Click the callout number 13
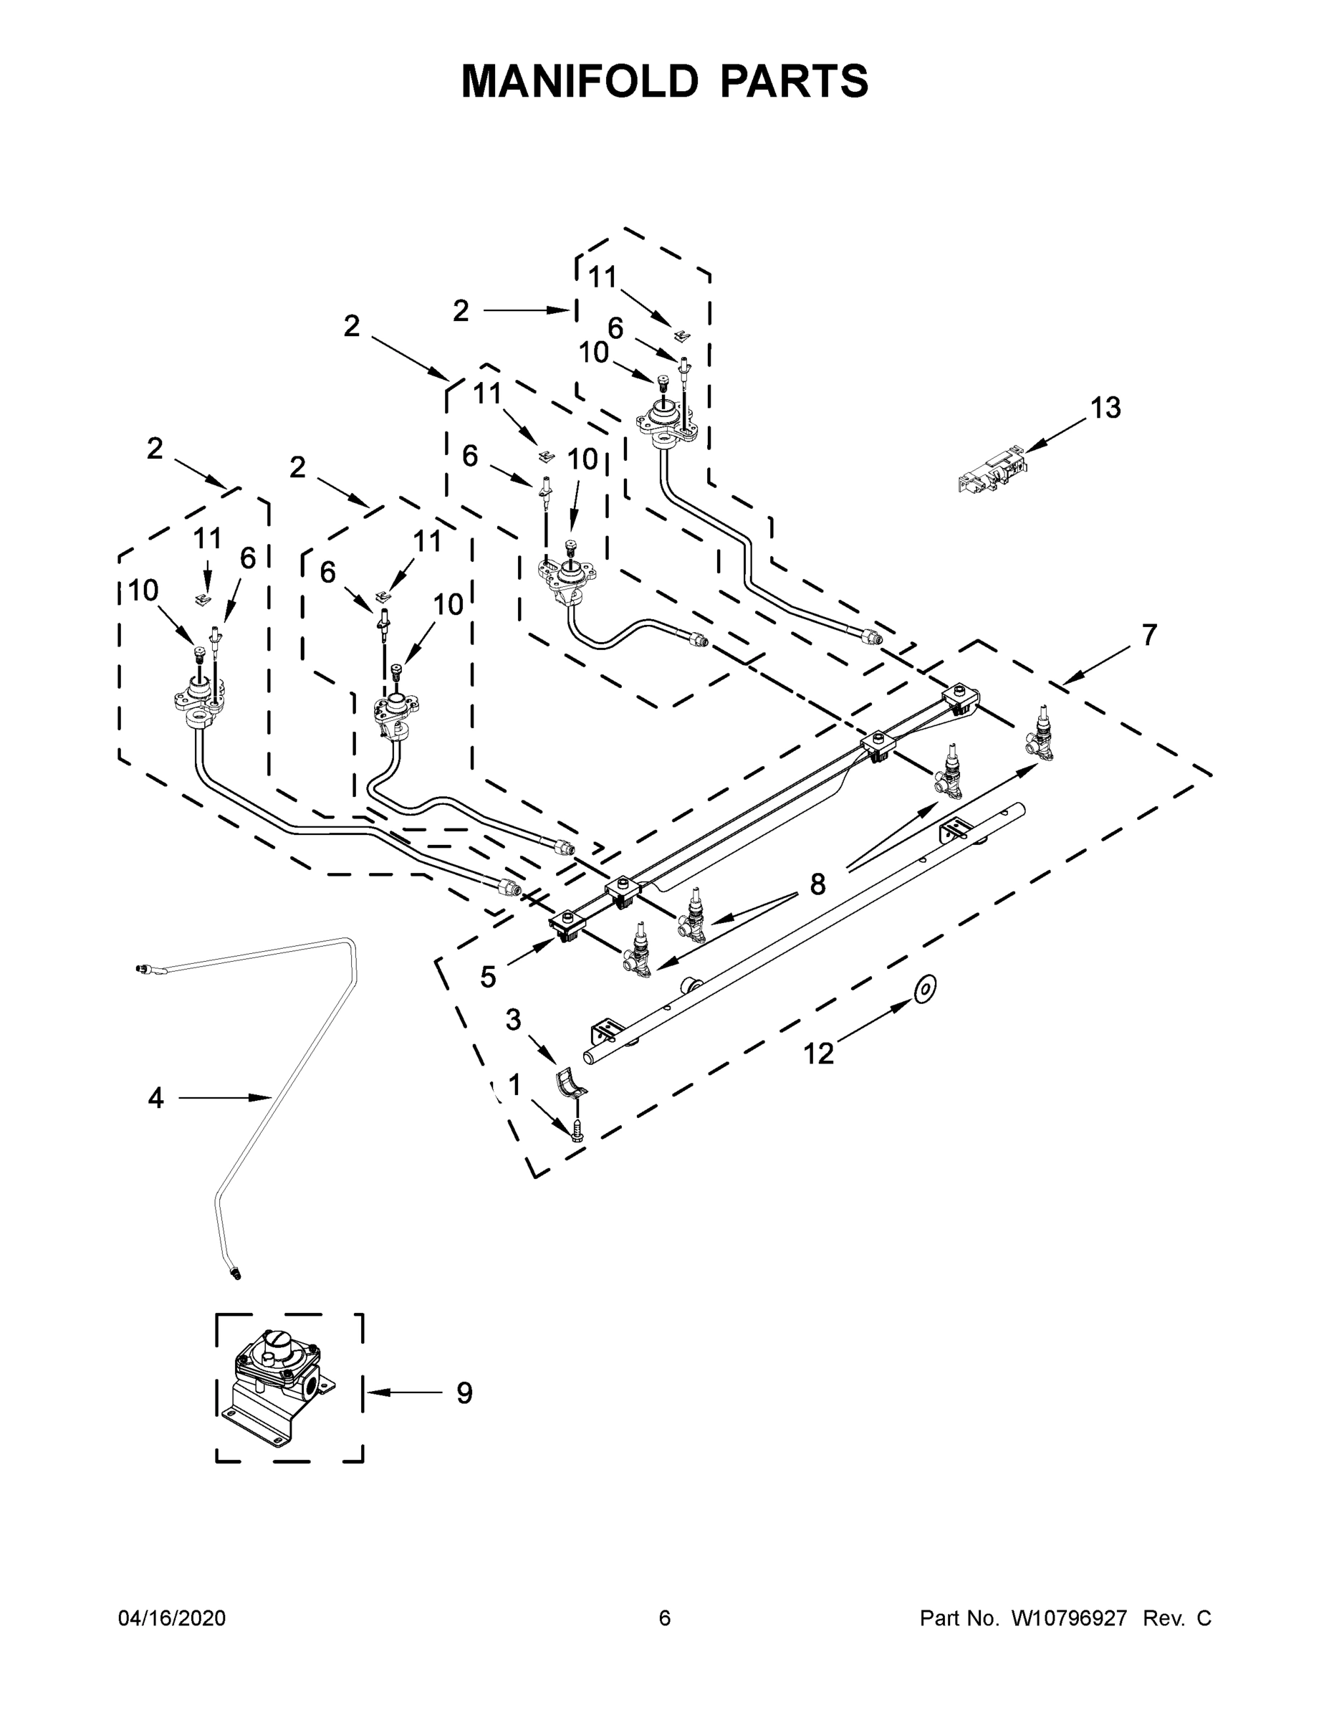coord(1105,408)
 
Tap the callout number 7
coord(1149,635)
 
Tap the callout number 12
coord(818,1053)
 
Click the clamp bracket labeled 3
coord(572,1083)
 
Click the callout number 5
coord(488,978)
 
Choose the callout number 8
coord(818,884)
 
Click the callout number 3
coord(514,1020)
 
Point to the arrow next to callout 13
coord(1055,435)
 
